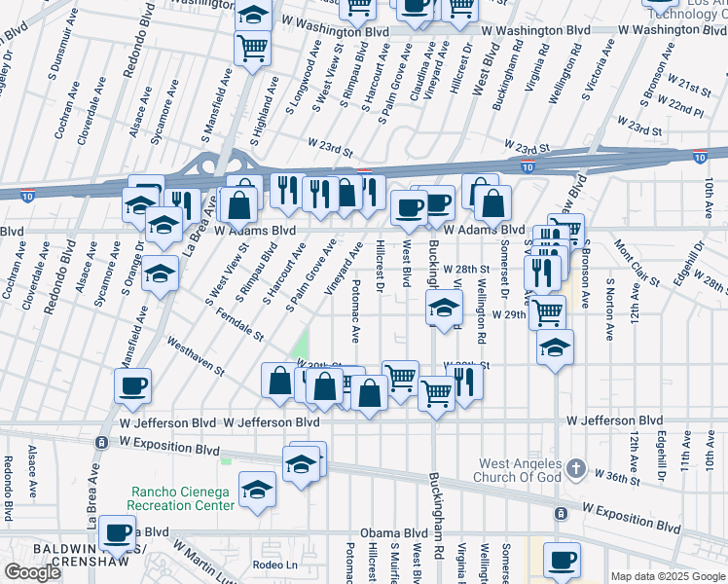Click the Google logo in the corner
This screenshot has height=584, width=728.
pyautogui.click(x=33, y=571)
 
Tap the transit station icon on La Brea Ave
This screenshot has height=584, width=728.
pyautogui.click(x=100, y=443)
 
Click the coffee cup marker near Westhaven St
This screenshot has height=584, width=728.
pyautogui.click(x=132, y=385)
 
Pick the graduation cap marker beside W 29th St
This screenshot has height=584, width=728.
pyautogui.click(x=443, y=310)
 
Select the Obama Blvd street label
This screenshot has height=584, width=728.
pyautogui.click(x=394, y=533)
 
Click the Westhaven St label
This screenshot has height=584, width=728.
pyautogui.click(x=196, y=357)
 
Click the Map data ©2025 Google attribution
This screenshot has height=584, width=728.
pyautogui.click(x=668, y=576)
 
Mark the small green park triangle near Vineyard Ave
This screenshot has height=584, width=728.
pyautogui.click(x=301, y=346)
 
